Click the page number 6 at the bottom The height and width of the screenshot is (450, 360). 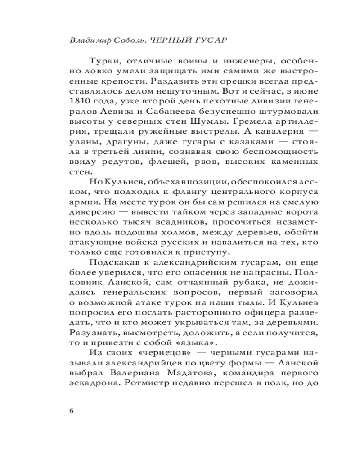(x=72, y=411)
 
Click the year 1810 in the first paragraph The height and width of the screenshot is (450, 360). (x=80, y=103)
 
